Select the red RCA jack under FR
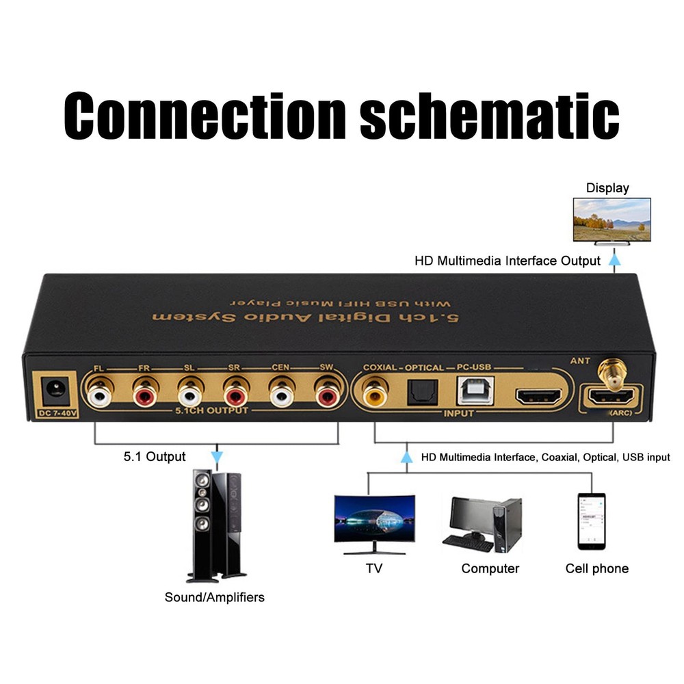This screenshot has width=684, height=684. [x=144, y=395]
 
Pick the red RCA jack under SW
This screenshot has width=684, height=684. [x=327, y=395]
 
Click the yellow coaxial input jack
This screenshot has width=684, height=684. [x=374, y=395]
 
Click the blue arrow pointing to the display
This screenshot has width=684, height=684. [x=615, y=259]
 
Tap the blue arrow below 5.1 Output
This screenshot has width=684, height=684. [x=217, y=456]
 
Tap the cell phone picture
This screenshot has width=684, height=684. [x=591, y=521]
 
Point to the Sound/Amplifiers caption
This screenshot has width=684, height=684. [x=214, y=597]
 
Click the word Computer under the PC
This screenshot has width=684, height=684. [x=490, y=568]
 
